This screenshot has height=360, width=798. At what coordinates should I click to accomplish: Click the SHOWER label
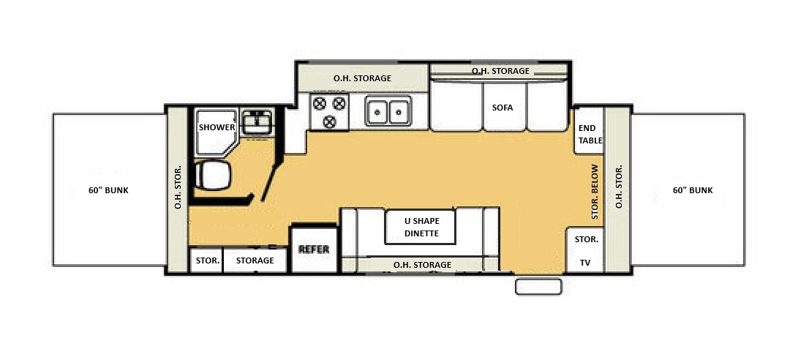tap(217, 127)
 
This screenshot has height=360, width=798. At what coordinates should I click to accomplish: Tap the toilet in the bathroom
tap(213, 176)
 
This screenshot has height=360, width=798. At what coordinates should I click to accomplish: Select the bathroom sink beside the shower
tap(257, 121)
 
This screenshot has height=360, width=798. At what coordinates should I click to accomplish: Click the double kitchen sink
tap(388, 110)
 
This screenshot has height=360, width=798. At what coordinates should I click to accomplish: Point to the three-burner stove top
tap(329, 111)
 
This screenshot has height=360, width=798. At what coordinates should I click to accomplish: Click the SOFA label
tap(502, 108)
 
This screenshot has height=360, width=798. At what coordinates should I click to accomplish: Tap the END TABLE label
tap(590, 134)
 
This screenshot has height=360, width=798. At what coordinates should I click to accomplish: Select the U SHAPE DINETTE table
tap(421, 227)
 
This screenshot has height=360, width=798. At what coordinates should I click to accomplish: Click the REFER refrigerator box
tap(314, 250)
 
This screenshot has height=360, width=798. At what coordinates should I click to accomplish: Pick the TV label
tap(585, 263)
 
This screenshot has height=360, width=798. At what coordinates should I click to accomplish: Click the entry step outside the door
tap(538, 286)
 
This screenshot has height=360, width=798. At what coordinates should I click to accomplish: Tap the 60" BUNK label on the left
tap(108, 190)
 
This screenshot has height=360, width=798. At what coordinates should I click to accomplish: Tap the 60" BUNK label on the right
tap(693, 190)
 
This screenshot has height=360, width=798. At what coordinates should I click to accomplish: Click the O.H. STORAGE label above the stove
tap(362, 78)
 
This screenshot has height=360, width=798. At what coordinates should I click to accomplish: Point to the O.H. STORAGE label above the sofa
tap(500, 71)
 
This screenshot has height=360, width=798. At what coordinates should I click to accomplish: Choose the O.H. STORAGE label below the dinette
tap(422, 265)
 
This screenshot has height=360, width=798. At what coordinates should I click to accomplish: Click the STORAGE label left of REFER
tap(255, 260)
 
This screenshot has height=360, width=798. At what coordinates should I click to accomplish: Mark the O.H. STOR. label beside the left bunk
tap(178, 187)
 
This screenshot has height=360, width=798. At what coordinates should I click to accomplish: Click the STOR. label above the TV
tap(587, 239)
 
